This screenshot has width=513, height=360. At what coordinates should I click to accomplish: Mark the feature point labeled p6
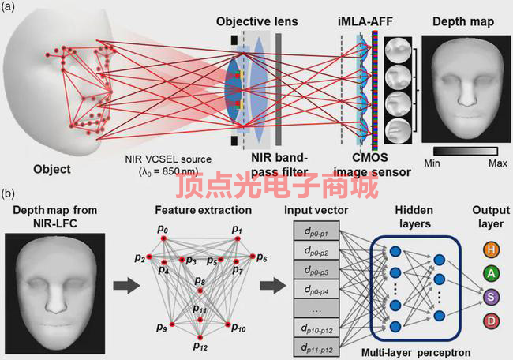[x=252, y=257]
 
